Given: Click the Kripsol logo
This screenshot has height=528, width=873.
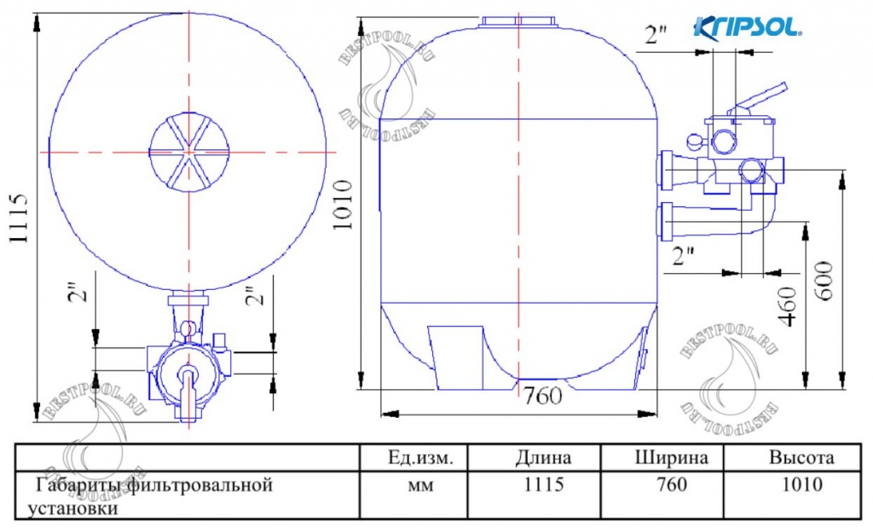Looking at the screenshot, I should [x=749, y=26].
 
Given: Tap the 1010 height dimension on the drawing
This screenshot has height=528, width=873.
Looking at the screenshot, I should [x=341, y=206].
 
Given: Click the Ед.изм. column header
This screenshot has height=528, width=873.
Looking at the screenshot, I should [x=417, y=457].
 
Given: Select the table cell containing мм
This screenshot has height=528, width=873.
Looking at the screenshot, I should [x=417, y=485].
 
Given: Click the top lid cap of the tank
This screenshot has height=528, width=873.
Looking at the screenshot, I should [x=517, y=21].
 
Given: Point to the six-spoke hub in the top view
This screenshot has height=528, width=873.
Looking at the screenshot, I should [x=188, y=152].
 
